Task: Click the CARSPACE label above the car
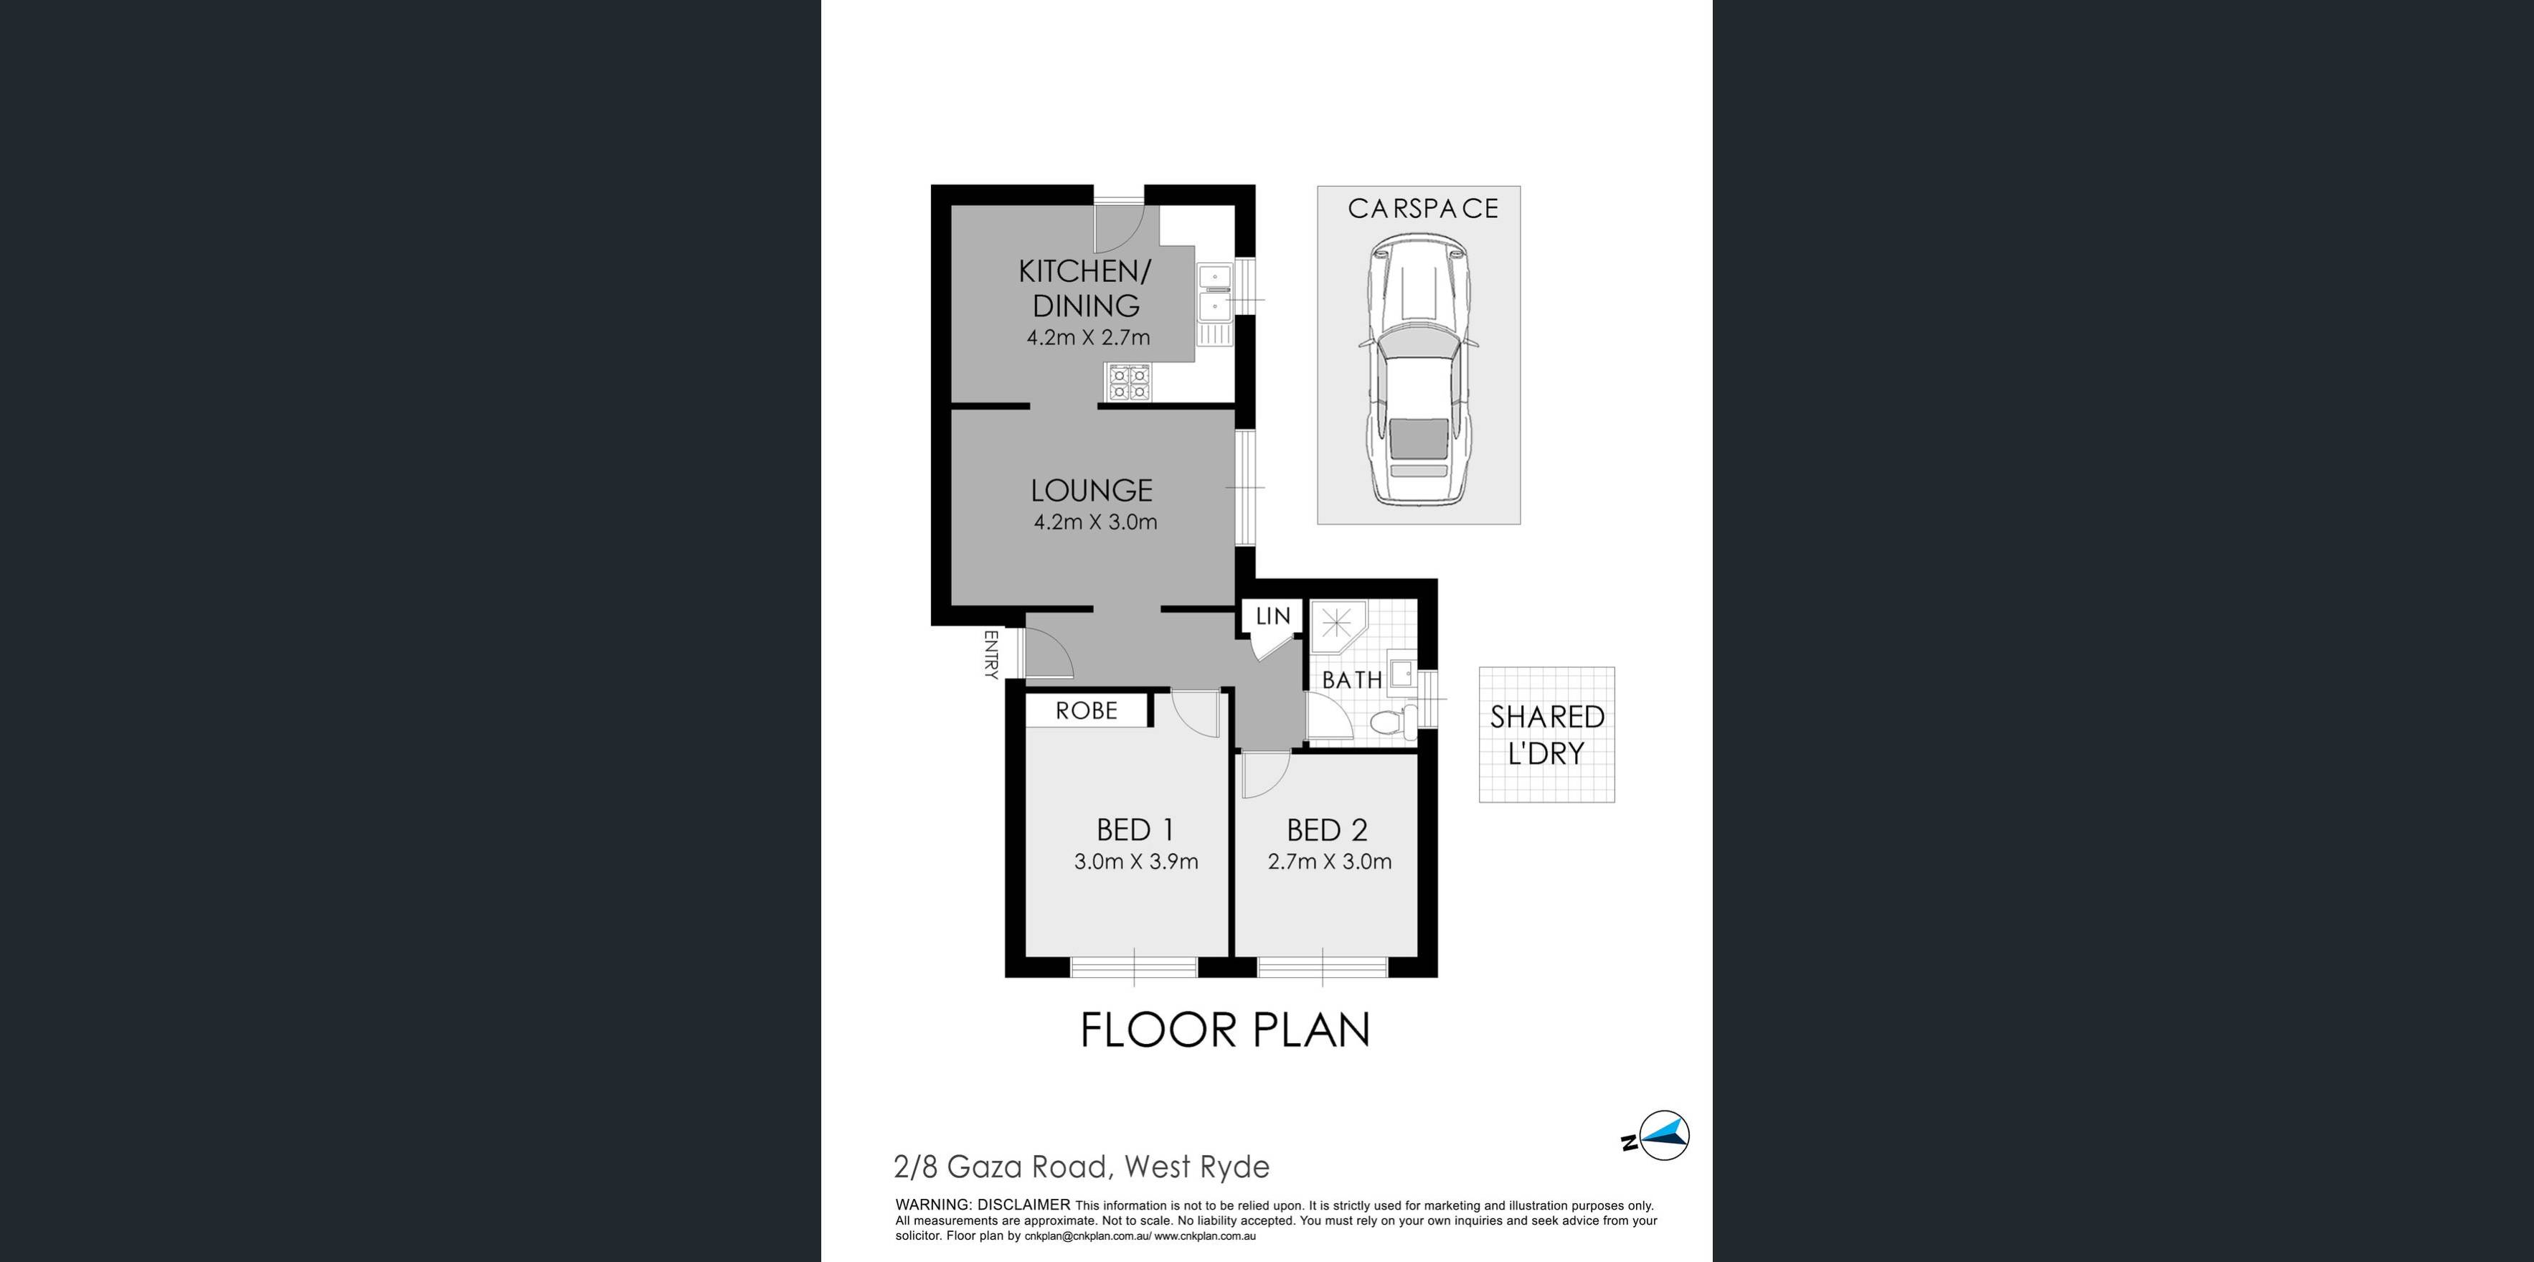click(x=1422, y=209)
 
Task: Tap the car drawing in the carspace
click(x=1417, y=369)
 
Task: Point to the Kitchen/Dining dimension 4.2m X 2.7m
click(x=1088, y=337)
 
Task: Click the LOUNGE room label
click(x=1091, y=490)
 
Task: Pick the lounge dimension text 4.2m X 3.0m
click(x=1095, y=522)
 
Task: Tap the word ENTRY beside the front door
click(x=991, y=655)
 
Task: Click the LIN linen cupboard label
click(x=1273, y=616)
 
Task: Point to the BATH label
click(x=1351, y=679)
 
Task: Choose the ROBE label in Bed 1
click(x=1086, y=710)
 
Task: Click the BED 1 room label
click(x=1135, y=830)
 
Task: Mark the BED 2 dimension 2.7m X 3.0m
click(x=1329, y=862)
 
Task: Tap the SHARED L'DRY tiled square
click(x=1546, y=735)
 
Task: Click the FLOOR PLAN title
click(x=1225, y=1030)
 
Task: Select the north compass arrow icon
click(x=1658, y=1137)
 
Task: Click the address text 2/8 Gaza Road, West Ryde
click(x=1081, y=1167)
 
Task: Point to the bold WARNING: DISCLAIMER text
click(x=982, y=1205)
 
